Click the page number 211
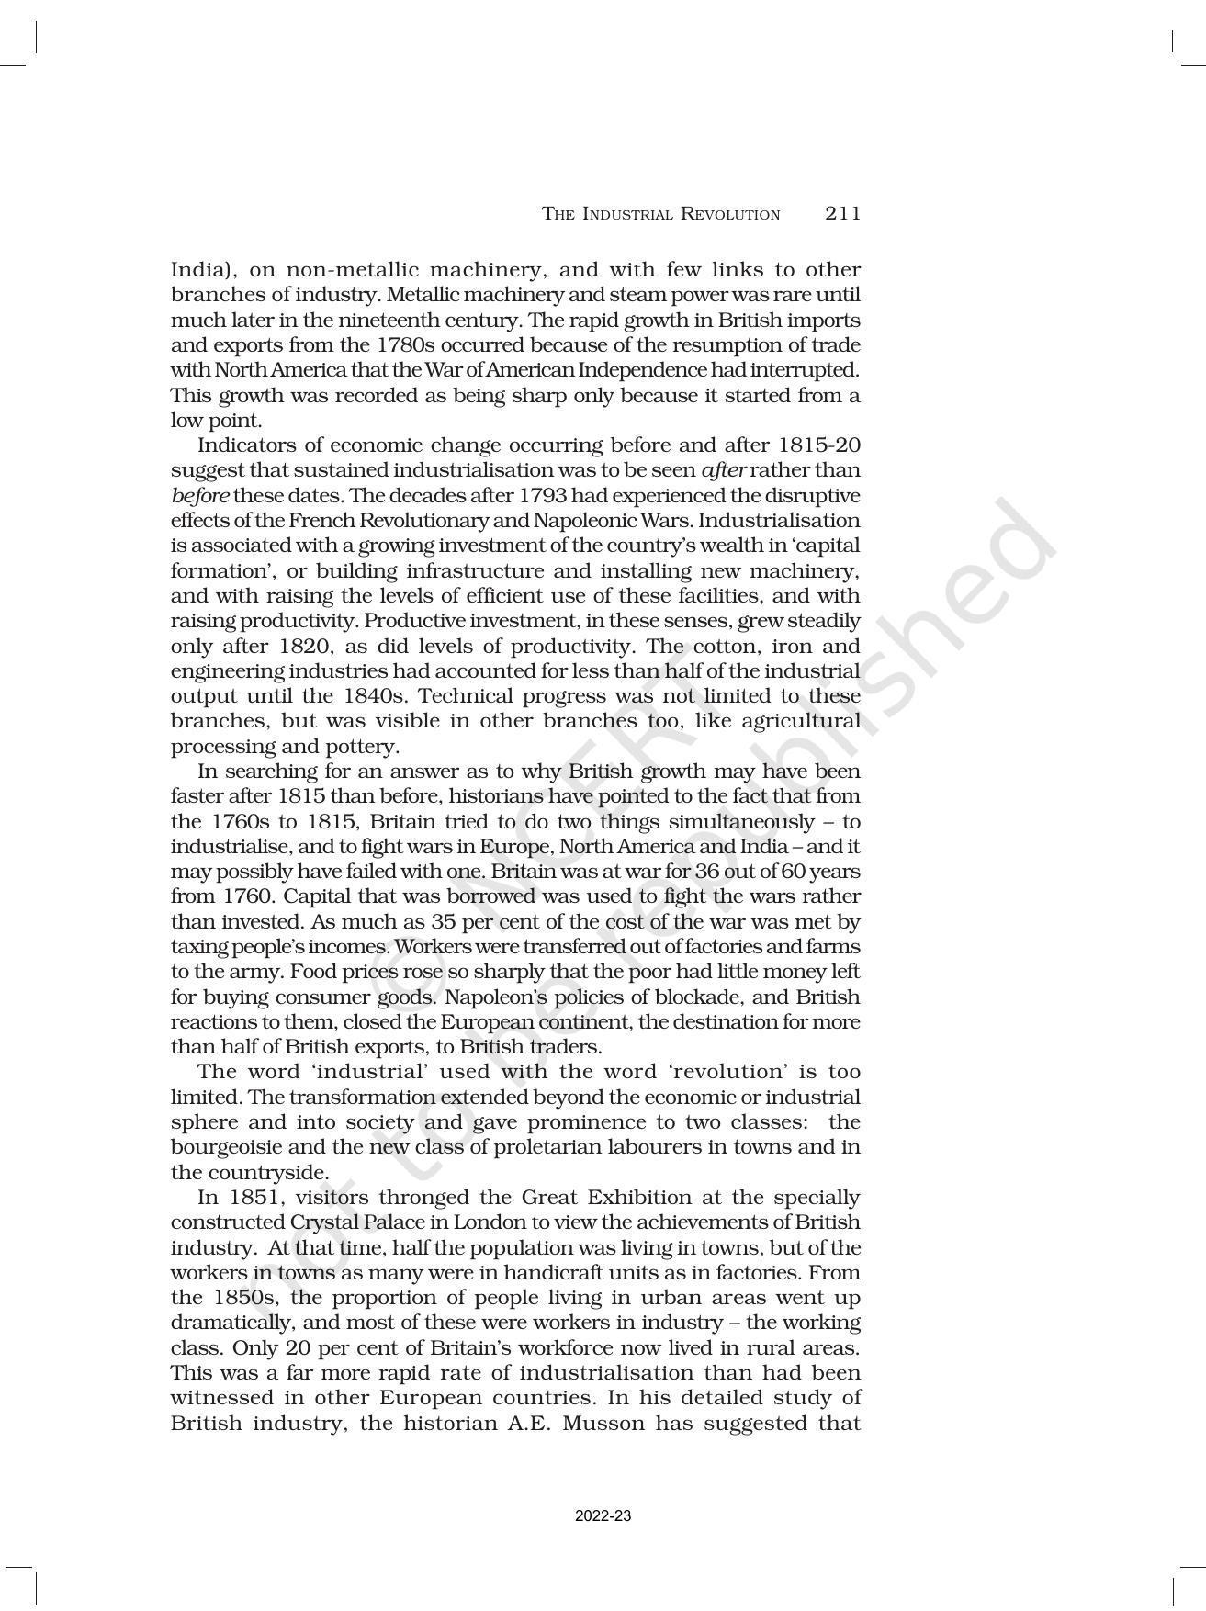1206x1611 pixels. [x=842, y=214]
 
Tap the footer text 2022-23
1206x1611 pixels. [x=603, y=1515]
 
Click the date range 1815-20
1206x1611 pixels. [x=818, y=445]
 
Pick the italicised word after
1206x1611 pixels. [x=723, y=470]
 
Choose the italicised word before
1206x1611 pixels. [x=199, y=496]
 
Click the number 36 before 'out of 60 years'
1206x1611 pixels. [x=697, y=872]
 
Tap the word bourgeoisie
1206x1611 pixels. [x=223, y=1147]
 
